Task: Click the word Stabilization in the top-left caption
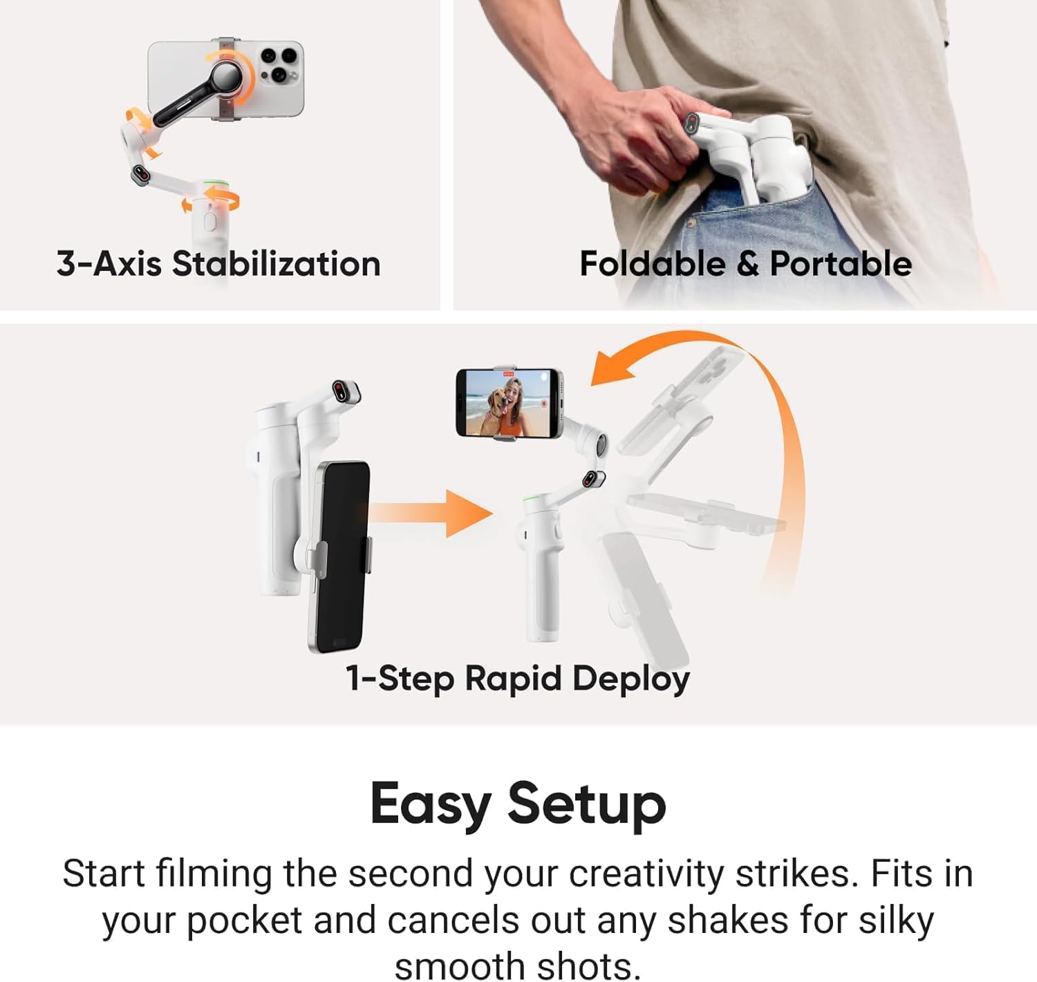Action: tap(276, 264)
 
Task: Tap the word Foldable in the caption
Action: tap(651, 264)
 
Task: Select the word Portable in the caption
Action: tap(841, 264)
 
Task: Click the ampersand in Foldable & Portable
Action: tap(747, 265)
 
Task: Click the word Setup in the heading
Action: tap(587, 804)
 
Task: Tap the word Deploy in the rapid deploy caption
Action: tap(630, 679)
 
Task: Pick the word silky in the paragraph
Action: tap(896, 920)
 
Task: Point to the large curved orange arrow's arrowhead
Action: tap(612, 368)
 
